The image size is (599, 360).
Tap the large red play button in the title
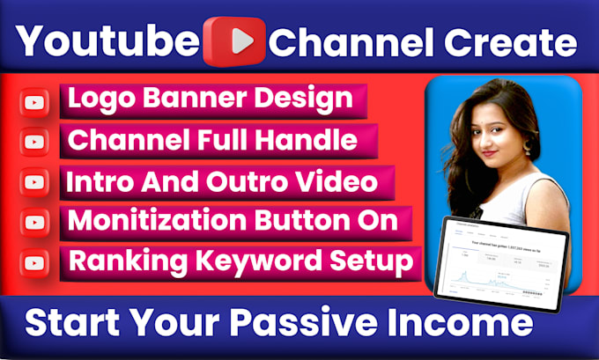point(233,41)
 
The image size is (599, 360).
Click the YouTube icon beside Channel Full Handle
point(35,142)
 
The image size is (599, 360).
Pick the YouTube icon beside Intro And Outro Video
point(35,182)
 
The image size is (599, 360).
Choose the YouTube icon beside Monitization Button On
point(35,222)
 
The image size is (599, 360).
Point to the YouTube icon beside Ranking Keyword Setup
point(35,261)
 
